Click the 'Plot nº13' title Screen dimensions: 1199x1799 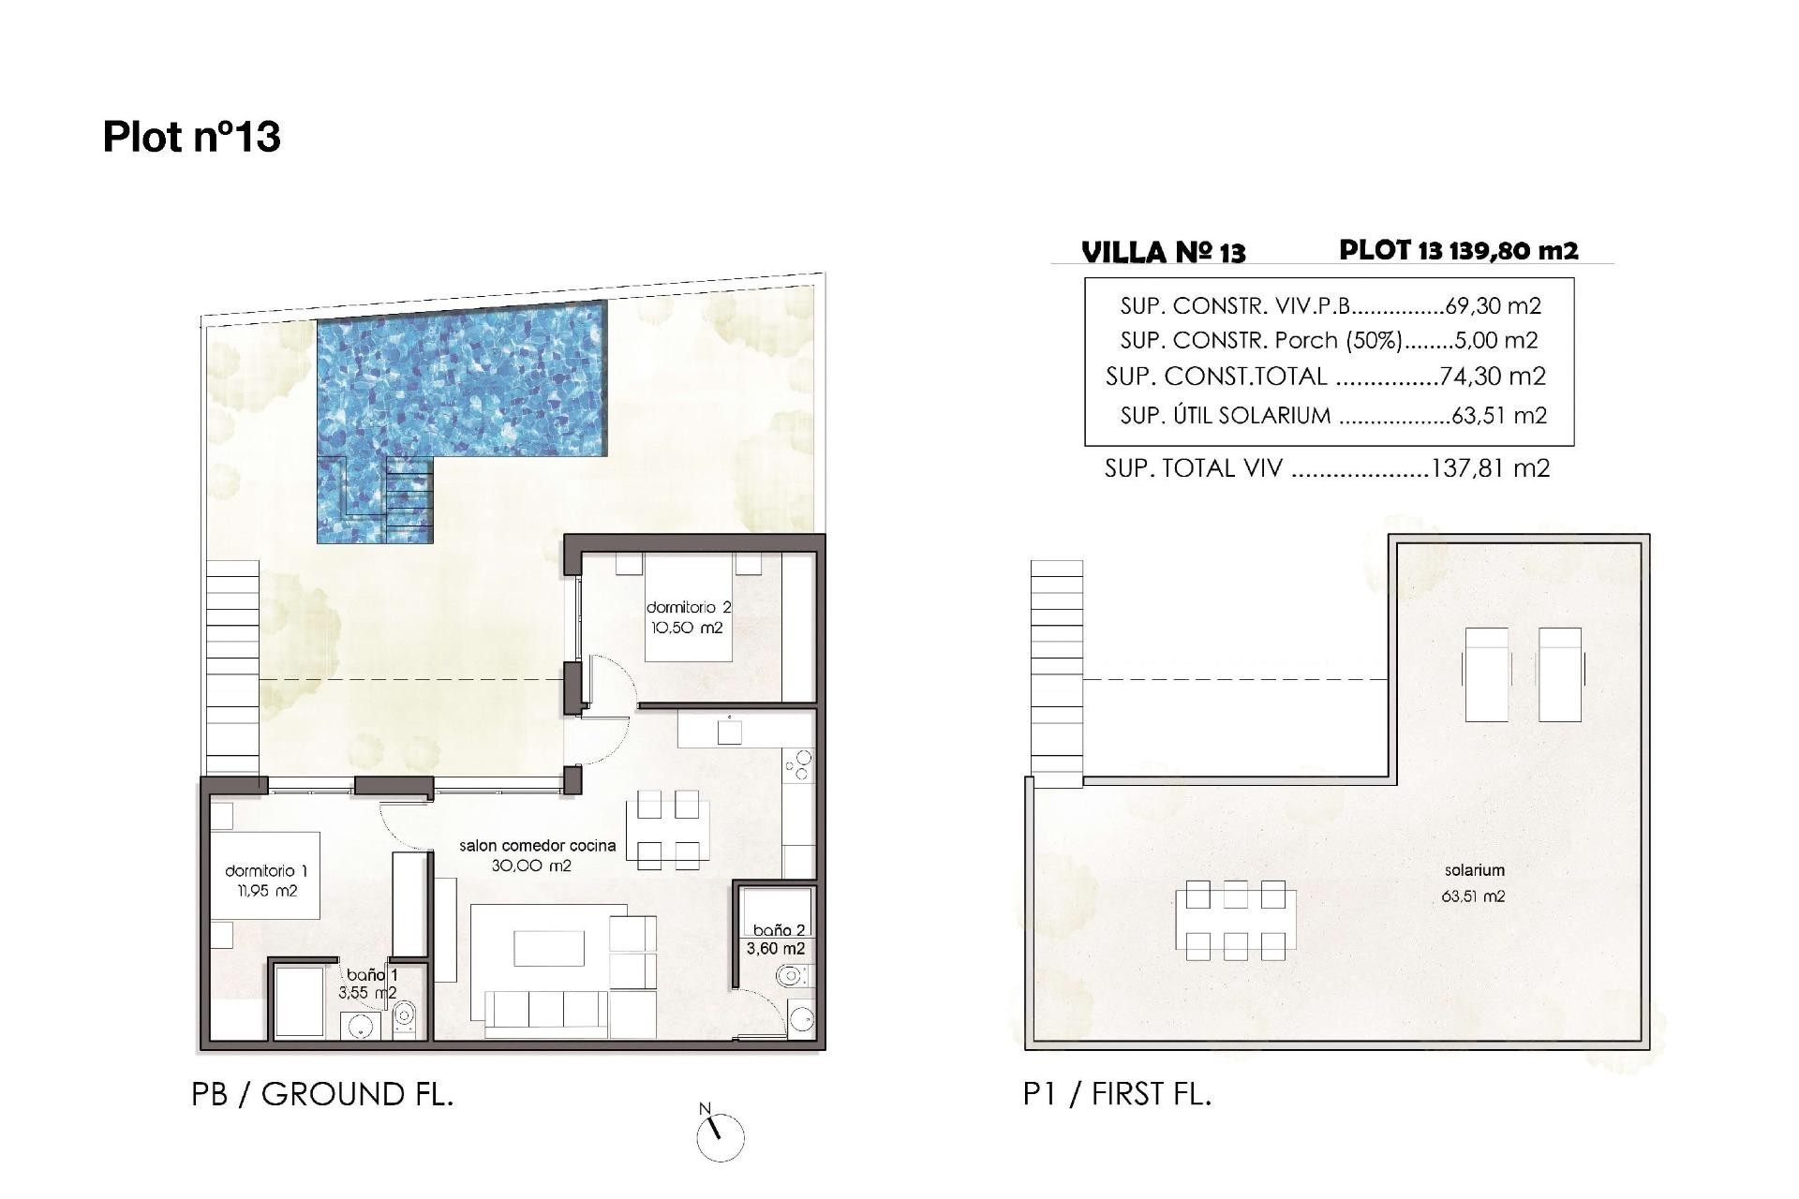191,137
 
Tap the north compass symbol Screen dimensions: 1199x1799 720,1136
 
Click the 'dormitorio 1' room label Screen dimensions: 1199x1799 266,871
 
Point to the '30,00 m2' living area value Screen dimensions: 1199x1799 531,866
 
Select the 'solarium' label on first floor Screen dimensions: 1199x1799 1474,870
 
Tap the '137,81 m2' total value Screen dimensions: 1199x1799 1490,468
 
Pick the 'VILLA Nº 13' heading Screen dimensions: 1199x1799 1163,253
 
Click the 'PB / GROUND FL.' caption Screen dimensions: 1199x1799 322,1094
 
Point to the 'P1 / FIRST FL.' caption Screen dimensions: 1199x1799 1117,1094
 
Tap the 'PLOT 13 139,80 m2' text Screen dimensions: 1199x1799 1458,250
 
